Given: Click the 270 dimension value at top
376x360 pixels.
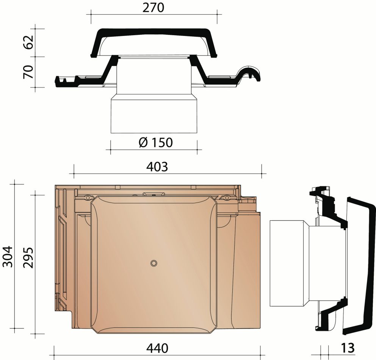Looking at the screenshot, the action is [x=154, y=8].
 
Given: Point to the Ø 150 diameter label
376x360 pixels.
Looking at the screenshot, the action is [x=156, y=142].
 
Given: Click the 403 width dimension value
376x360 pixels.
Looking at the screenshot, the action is [x=157, y=167].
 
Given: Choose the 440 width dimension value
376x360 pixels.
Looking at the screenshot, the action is [x=157, y=348].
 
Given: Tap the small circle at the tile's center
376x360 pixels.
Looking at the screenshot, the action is [x=154, y=263].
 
